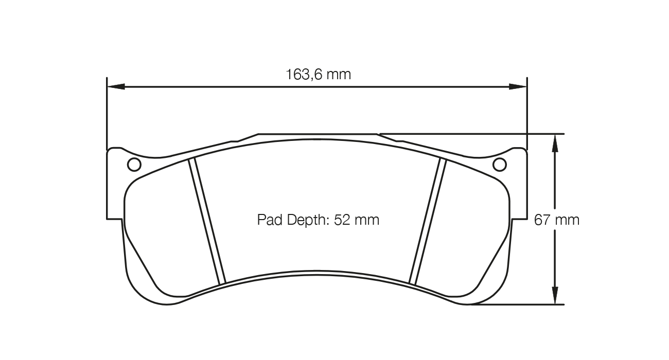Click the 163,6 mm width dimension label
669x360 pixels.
318,75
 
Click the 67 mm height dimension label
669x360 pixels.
557,220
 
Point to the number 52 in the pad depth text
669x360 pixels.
342,220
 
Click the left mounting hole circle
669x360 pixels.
134,165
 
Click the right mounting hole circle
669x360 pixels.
500,165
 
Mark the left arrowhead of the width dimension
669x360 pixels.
115,86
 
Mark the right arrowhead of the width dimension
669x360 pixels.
518,86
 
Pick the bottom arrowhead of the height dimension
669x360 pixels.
554,296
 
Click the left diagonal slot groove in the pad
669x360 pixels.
207,221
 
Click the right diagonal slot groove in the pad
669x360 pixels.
427,221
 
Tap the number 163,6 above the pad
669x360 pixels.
304,75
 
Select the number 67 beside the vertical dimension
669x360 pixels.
543,220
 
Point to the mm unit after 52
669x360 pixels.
366,220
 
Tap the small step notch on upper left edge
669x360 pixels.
235,140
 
